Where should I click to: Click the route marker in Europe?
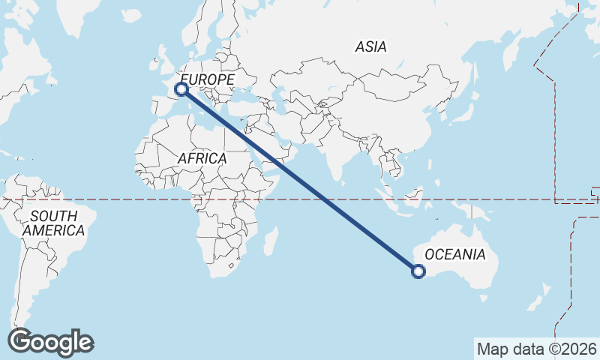[181, 89]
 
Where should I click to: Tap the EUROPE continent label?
[208, 79]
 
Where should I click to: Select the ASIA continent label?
[370, 46]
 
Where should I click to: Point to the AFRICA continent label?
[202, 158]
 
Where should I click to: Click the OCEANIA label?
[455, 254]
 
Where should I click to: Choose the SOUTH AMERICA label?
[53, 223]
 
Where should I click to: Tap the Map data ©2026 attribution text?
[537, 349]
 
